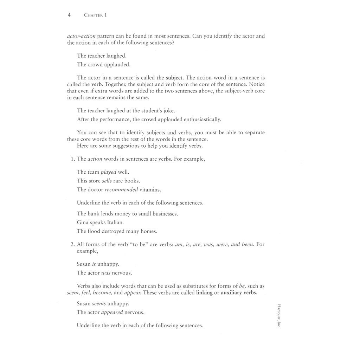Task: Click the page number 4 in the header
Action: (69, 15)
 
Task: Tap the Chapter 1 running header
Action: (95, 15)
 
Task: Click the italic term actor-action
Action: (81, 36)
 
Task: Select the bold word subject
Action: (175, 78)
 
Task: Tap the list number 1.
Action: (72, 159)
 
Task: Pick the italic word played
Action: (108, 172)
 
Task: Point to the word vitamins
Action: (150, 189)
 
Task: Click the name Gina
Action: (83, 223)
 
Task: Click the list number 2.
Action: (72, 244)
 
